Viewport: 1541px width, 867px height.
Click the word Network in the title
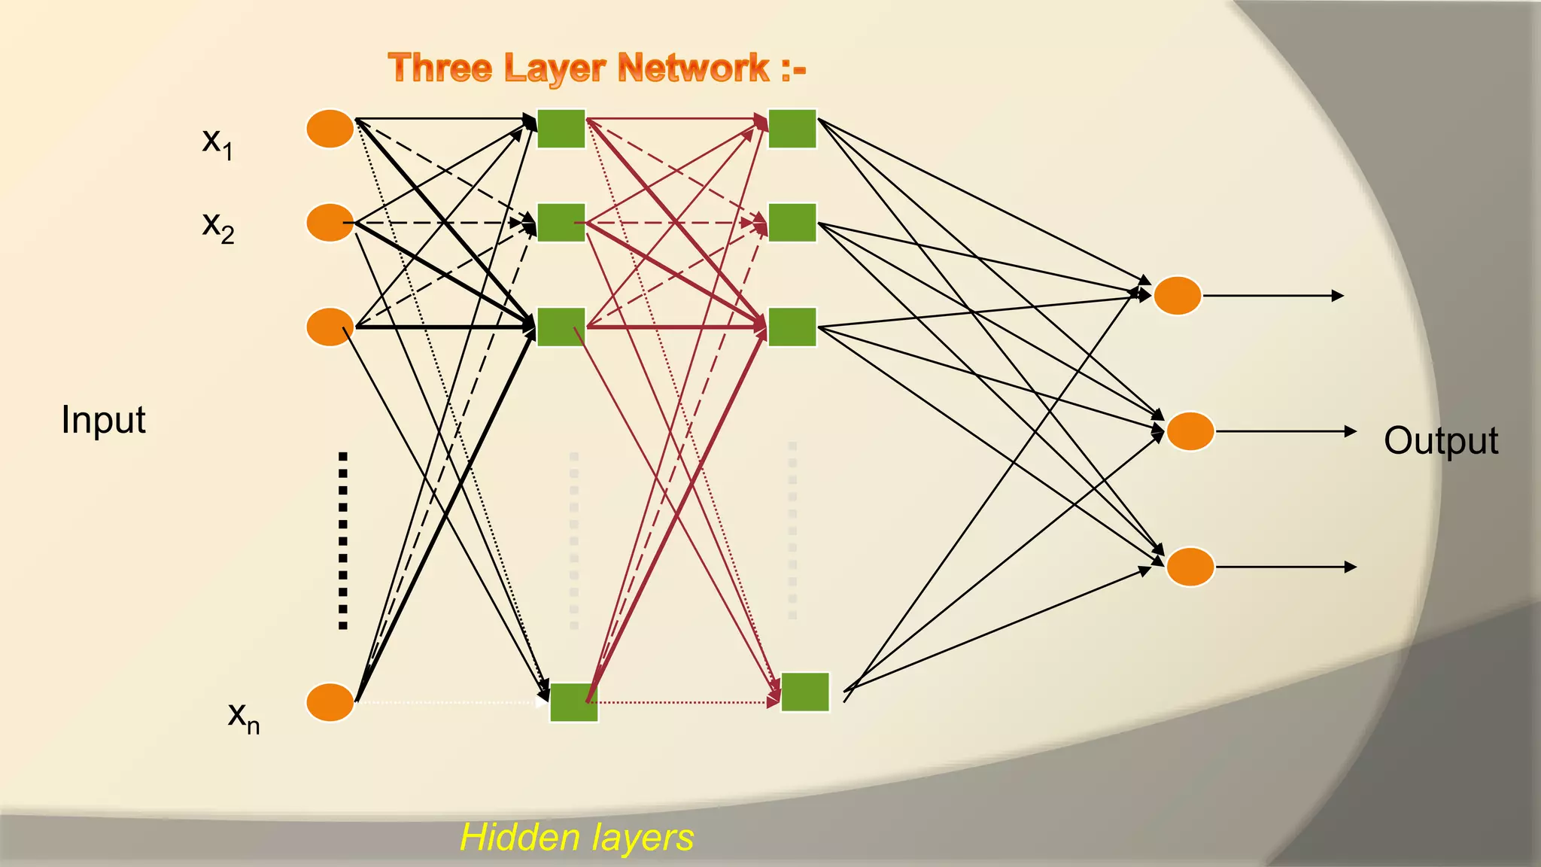pyautogui.click(x=693, y=68)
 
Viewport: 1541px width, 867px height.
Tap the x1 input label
pyautogui.click(x=217, y=142)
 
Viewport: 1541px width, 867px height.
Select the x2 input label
pyautogui.click(x=218, y=226)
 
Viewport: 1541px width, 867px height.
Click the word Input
pyautogui.click(x=103, y=420)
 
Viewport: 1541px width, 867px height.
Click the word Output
pyautogui.click(x=1440, y=441)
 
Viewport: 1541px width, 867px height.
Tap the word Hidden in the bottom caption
pyautogui.click(x=519, y=838)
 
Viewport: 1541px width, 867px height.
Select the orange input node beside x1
pyautogui.click(x=330, y=129)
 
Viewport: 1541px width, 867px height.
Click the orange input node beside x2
pyautogui.click(x=330, y=223)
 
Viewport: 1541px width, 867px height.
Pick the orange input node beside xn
pyautogui.click(x=330, y=702)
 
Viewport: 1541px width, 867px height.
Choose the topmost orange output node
pyautogui.click(x=1178, y=296)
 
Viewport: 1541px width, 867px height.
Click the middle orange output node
pyautogui.click(x=1190, y=431)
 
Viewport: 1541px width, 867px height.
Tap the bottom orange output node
pyautogui.click(x=1190, y=567)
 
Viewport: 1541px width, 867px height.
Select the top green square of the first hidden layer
pyautogui.click(x=561, y=129)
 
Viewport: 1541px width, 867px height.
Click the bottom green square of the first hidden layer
pyautogui.click(x=574, y=702)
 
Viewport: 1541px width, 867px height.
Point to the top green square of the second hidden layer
pyautogui.click(x=792, y=129)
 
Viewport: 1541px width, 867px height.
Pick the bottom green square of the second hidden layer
pyautogui.click(x=805, y=692)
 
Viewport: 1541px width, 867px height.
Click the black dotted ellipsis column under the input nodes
pyautogui.click(x=343, y=540)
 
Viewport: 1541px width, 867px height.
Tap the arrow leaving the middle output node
pyautogui.click(x=1285, y=431)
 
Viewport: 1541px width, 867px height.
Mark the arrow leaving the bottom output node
pyautogui.click(x=1285, y=567)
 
